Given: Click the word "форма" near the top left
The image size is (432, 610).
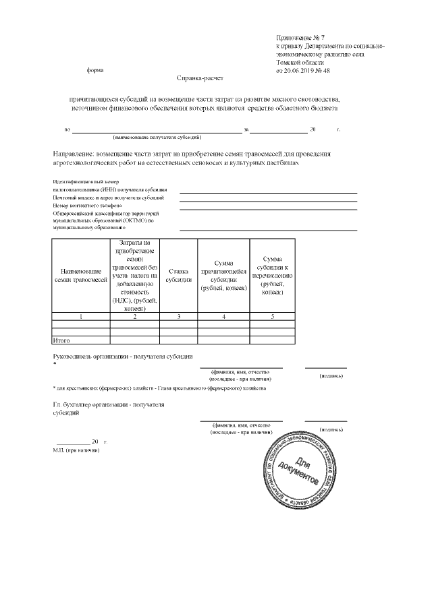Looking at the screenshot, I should click(95, 70).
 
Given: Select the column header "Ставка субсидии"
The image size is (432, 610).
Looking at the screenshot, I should click(178, 275).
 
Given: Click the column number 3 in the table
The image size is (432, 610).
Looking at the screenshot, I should click(178, 315).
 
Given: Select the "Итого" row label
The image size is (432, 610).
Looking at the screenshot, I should click(61, 340).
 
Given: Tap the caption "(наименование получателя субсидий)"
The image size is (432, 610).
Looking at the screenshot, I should click(157, 137).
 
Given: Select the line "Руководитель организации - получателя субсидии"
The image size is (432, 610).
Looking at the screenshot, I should click(123, 356).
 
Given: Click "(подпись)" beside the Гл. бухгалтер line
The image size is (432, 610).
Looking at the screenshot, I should click(331, 429).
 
